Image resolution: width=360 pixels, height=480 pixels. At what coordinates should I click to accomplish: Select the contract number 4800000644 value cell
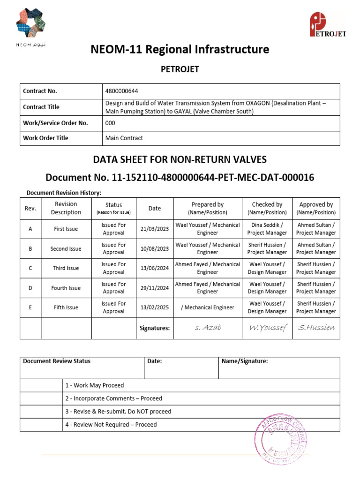coord(121,91)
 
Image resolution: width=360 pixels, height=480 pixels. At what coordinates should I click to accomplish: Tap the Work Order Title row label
coord(45,138)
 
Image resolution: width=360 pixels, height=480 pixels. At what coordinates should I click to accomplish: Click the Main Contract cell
coord(124,138)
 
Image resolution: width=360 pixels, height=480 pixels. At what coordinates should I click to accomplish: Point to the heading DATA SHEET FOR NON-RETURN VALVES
coord(180,160)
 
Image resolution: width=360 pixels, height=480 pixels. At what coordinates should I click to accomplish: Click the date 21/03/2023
coord(154,229)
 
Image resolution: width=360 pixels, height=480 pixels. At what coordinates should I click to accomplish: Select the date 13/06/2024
coord(154,268)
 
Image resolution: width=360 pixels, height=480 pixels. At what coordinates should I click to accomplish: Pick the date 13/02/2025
coord(154,307)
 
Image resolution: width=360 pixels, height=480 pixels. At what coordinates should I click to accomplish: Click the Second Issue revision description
coord(66,248)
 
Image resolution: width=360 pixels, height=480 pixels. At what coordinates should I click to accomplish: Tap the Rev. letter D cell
coord(30,288)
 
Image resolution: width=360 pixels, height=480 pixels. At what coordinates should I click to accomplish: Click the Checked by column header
coord(267,208)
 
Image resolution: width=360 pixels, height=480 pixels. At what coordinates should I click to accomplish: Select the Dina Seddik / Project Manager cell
coord(267,229)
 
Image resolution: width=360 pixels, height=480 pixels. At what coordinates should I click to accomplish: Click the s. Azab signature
coord(207,328)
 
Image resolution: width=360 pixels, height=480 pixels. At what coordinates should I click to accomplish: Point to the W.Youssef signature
coord(267,328)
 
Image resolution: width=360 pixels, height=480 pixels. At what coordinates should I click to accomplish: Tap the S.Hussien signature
coord(316,328)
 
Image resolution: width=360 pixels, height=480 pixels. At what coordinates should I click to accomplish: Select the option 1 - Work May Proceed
coord(95,385)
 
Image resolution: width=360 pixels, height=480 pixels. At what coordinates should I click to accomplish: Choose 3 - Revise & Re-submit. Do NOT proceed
coord(118,412)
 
